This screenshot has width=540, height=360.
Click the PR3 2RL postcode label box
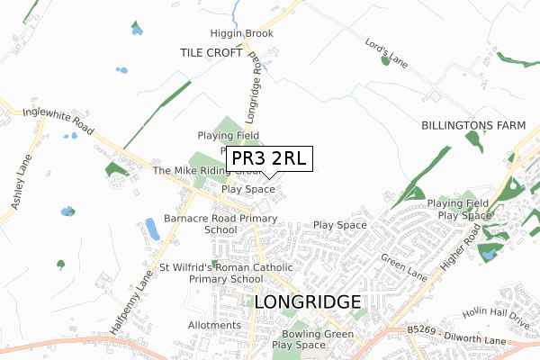pos(269,159)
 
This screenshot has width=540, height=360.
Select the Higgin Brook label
pos(241,34)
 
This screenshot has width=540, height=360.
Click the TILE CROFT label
pos(211,53)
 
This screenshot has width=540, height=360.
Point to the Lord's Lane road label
pos(388,52)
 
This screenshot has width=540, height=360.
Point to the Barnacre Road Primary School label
pos(220,224)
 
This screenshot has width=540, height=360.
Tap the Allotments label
pos(214,325)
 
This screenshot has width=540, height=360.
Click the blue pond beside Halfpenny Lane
pos(151,229)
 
